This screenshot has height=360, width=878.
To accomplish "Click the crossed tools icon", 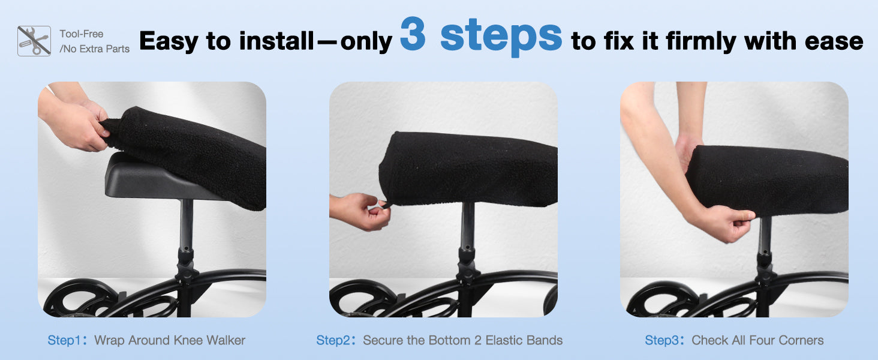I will (x=34, y=41).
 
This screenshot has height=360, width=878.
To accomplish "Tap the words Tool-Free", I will (x=81, y=34).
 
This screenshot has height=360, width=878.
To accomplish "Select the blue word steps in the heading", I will (x=501, y=37).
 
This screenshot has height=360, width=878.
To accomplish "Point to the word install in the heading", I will (x=276, y=41).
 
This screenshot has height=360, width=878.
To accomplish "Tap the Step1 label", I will (x=64, y=341).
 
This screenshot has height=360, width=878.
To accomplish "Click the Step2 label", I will (x=333, y=341).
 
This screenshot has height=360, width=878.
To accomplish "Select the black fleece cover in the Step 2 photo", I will (x=468, y=168).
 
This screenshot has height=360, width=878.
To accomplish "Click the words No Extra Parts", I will (x=95, y=49).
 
